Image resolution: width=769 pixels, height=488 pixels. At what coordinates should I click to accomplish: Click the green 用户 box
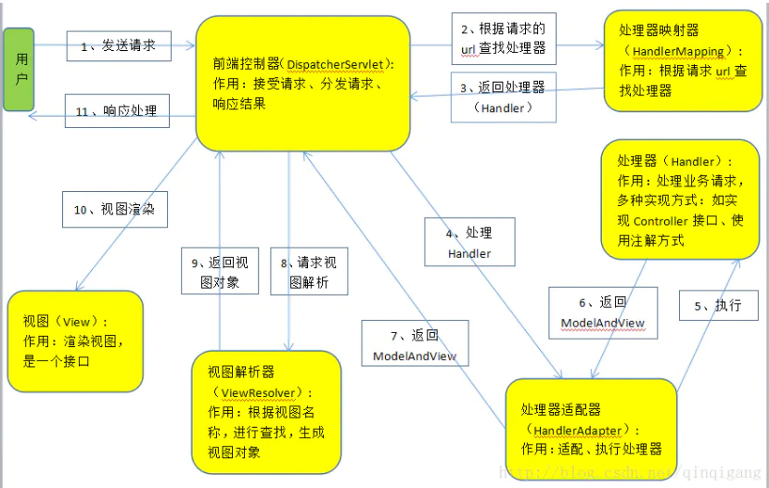coord(19,69)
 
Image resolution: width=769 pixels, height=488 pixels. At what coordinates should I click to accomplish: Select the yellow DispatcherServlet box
coord(302,83)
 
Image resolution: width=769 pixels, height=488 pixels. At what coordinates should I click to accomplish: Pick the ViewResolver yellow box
coord(265,412)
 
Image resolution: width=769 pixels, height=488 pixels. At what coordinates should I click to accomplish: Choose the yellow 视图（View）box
coord(75,340)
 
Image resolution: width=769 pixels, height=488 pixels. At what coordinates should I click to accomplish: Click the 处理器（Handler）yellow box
coord(679,199)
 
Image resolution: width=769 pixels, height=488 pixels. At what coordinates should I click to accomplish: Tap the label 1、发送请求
coord(118,45)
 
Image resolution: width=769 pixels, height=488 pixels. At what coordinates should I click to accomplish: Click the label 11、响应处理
coord(118,111)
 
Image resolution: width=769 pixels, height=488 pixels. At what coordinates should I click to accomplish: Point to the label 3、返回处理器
coord(504,96)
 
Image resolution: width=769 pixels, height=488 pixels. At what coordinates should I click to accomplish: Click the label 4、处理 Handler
coord(469,242)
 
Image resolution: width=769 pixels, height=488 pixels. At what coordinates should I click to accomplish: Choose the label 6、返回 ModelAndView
coord(602,313)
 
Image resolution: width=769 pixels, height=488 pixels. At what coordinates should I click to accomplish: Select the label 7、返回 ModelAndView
coord(415,345)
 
